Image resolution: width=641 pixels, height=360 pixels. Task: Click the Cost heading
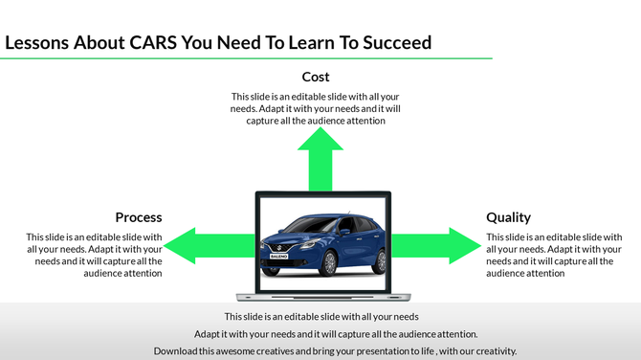(316, 77)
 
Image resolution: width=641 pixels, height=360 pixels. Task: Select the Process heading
(139, 217)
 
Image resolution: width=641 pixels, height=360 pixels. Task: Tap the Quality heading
(508, 217)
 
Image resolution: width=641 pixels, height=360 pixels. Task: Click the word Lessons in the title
(38, 43)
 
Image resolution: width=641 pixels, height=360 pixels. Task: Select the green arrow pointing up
(320, 158)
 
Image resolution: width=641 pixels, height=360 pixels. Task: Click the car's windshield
(308, 223)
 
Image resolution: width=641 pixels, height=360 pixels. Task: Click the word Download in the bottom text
(176, 351)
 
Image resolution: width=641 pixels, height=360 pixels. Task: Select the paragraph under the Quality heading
(554, 255)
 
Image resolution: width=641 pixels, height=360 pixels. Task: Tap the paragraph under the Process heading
(94, 255)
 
